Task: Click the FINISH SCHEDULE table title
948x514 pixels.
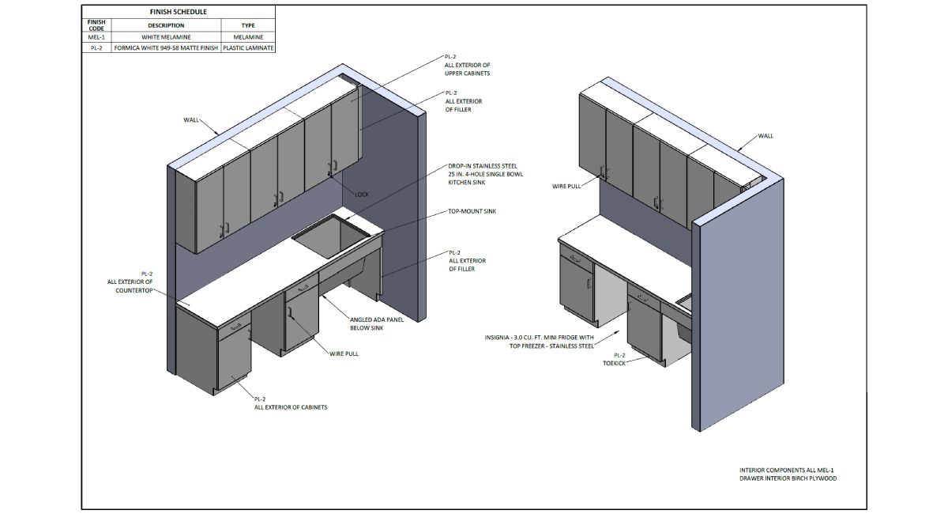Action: click(179, 12)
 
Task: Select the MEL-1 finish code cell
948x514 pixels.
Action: click(96, 37)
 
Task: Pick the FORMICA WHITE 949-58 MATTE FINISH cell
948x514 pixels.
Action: click(166, 48)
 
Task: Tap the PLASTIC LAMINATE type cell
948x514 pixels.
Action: click(248, 48)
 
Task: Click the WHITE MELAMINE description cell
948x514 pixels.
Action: click(166, 37)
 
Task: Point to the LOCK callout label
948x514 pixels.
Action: click(362, 195)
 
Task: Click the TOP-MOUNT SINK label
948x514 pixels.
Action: click(472, 211)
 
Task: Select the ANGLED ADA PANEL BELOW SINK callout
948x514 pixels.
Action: click(377, 323)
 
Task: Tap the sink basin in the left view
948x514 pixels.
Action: click(331, 236)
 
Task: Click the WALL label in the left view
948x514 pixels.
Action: click(191, 120)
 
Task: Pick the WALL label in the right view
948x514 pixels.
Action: click(766, 136)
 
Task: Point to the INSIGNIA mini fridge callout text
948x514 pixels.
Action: click(539, 342)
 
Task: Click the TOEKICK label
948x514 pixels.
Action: click(614, 363)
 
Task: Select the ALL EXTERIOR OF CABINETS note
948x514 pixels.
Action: click(291, 407)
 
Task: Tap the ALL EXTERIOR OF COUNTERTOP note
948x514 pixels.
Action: click(130, 286)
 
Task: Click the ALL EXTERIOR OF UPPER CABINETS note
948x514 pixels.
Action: click(467, 69)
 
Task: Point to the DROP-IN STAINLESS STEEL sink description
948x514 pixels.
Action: click(485, 174)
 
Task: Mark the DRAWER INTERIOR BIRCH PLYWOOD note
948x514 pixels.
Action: click(788, 478)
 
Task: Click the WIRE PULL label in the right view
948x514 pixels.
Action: click(566, 186)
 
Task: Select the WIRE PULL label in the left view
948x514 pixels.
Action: click(344, 353)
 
